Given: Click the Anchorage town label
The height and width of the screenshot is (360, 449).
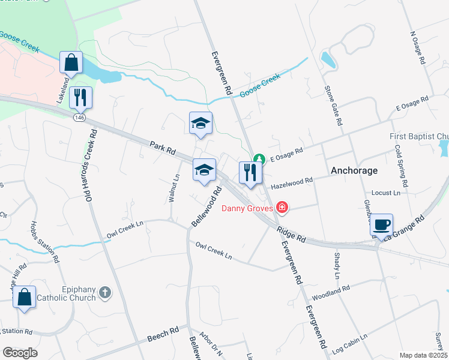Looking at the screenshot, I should click(x=355, y=170).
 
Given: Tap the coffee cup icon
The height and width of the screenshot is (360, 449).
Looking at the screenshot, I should click(x=381, y=225).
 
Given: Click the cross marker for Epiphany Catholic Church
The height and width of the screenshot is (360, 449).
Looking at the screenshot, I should click(x=104, y=292).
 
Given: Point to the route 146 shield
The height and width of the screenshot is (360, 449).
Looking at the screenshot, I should click(x=80, y=118).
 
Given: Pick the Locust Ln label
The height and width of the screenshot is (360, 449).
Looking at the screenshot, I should click(x=385, y=193).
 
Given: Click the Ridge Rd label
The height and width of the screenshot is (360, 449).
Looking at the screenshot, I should click(x=291, y=234).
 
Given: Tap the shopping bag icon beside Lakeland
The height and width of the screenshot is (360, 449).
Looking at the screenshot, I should click(x=71, y=62).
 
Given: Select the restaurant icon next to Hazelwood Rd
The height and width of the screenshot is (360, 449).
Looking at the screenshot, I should click(x=249, y=172).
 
